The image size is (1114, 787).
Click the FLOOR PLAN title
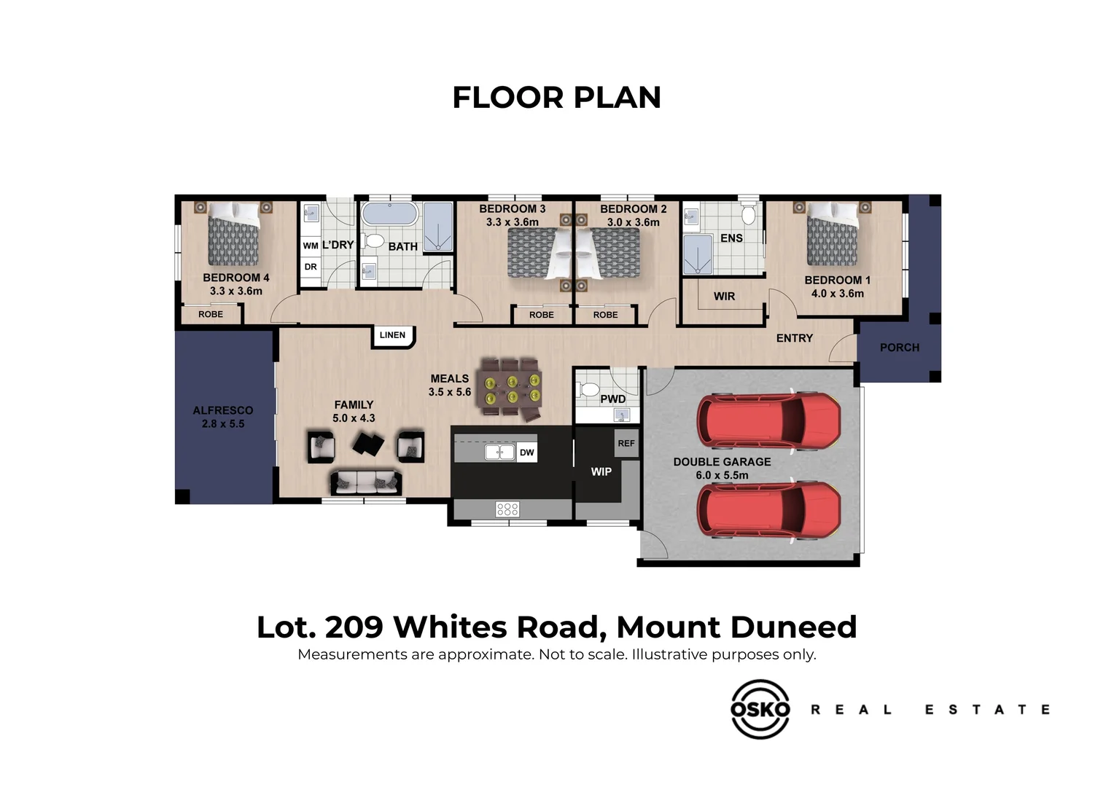pyautogui.click(x=556, y=98)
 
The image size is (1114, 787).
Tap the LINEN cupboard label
pyautogui.click(x=392, y=335)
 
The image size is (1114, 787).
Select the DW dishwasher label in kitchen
pyautogui.click(x=526, y=453)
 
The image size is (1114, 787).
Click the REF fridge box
pyautogui.click(x=626, y=443)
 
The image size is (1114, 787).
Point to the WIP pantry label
pyautogui.click(x=601, y=471)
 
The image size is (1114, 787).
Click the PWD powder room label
pyautogui.click(x=612, y=399)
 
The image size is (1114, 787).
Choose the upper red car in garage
pyautogui.click(x=768, y=422)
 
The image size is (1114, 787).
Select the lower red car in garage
pyautogui.click(x=768, y=509)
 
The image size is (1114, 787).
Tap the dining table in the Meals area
pyautogui.click(x=510, y=390)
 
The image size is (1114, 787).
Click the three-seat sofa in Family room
pyautogui.click(x=366, y=482)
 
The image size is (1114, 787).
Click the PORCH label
pyautogui.click(x=899, y=348)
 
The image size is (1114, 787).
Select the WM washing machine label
pyautogui.click(x=311, y=246)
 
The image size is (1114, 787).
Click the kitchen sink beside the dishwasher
pyautogui.click(x=500, y=452)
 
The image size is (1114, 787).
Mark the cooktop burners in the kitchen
pyautogui.click(x=507, y=509)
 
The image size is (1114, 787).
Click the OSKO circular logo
pyautogui.click(x=760, y=709)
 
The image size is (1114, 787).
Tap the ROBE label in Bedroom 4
pyautogui.click(x=211, y=314)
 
